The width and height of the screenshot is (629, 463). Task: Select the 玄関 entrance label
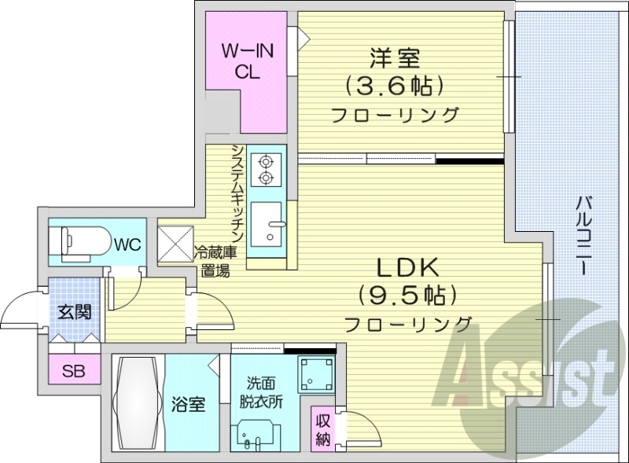click(73, 312)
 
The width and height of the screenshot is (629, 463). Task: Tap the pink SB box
click(74, 370)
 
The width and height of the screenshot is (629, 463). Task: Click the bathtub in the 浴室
click(138, 404)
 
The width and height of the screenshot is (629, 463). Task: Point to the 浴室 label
click(189, 405)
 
